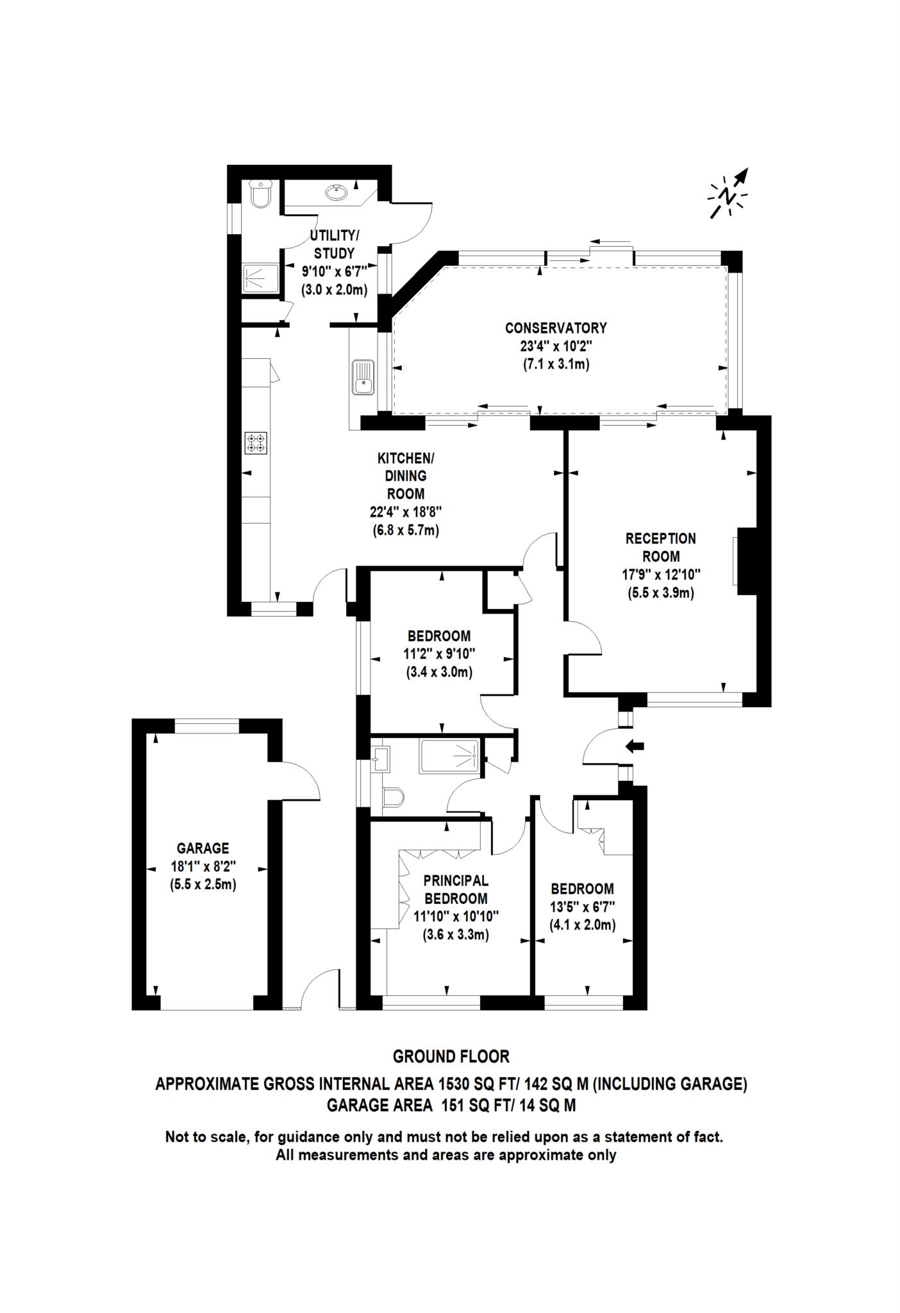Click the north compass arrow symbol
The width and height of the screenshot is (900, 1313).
click(x=729, y=194)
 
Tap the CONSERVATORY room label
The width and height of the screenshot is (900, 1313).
click(x=555, y=328)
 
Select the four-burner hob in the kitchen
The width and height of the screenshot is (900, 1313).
click(x=255, y=444)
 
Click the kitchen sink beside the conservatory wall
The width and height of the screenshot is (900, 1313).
click(x=362, y=378)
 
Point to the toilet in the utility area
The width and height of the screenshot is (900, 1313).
click(x=262, y=194)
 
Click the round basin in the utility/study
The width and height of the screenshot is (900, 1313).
click(x=337, y=191)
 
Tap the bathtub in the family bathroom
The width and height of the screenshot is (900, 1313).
click(x=449, y=757)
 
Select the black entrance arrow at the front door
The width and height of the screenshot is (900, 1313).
click(x=635, y=746)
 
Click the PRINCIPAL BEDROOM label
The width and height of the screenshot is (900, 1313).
click(x=456, y=889)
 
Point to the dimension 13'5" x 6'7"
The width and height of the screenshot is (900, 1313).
click(x=582, y=907)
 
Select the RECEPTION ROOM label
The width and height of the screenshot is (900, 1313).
click(x=660, y=547)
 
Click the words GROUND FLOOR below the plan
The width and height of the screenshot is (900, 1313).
click(x=451, y=1056)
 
